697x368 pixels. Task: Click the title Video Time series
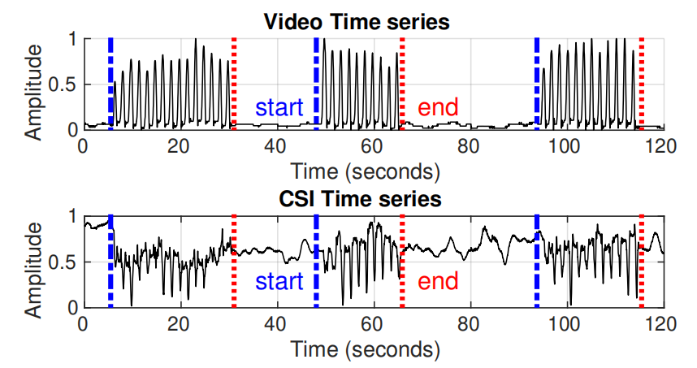click(357, 22)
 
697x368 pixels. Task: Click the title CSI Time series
click(357, 198)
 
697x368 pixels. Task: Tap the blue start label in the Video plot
click(279, 106)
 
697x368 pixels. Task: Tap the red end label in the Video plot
click(438, 106)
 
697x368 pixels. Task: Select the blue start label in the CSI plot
click(279, 282)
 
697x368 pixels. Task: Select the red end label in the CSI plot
click(438, 282)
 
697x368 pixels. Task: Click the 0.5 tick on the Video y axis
click(66, 84)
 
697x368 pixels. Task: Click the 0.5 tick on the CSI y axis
click(66, 262)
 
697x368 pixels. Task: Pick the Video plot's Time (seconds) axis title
click(366, 171)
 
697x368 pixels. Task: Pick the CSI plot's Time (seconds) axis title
click(366, 349)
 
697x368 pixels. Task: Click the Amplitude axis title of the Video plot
click(34, 92)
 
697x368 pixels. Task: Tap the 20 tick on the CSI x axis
click(180, 323)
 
